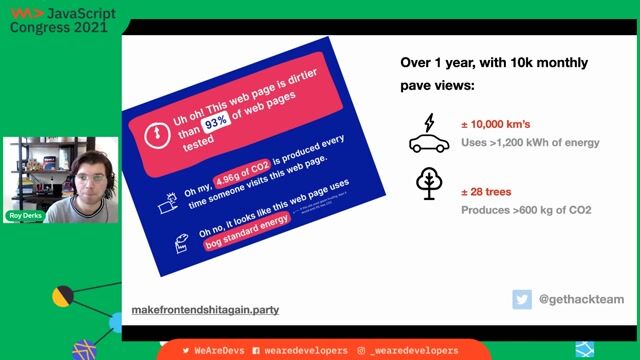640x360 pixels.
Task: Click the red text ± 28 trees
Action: pos(488,192)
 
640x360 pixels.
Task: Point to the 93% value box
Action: pos(217,122)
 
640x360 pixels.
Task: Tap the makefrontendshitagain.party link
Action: pos(205,310)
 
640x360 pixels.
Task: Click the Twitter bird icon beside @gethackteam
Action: pos(522,299)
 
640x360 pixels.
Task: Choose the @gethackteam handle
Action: pos(581,299)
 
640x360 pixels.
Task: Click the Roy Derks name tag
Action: pos(27,216)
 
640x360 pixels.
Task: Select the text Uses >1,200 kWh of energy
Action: pos(529,143)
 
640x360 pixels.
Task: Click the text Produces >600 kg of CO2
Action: pos(525,210)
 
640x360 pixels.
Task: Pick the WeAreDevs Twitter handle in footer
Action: pos(213,350)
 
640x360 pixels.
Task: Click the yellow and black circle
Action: pos(63,296)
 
